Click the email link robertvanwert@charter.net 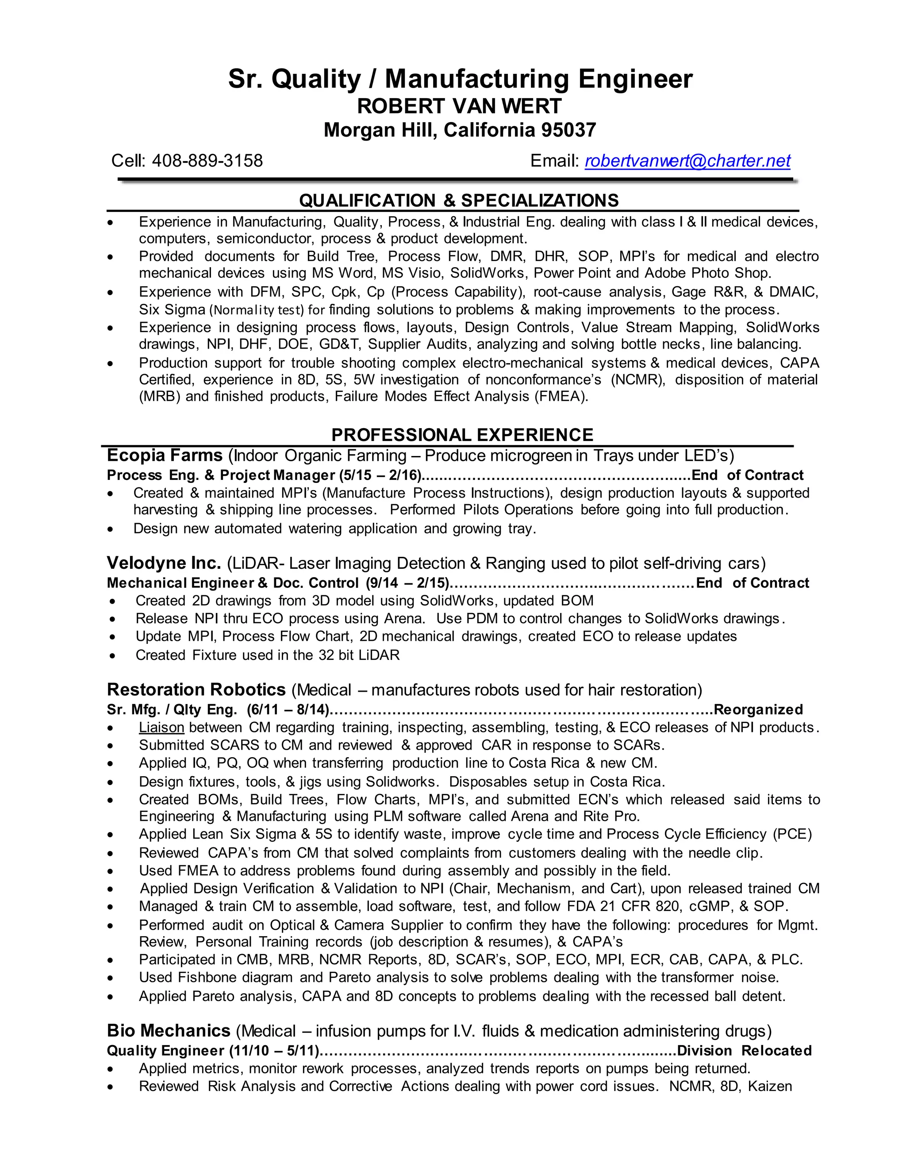687,161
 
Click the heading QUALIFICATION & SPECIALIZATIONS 458,201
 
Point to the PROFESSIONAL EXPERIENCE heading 462,435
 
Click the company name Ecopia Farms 164,455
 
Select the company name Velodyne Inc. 164,563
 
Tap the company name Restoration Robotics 196,689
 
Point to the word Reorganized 758,710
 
